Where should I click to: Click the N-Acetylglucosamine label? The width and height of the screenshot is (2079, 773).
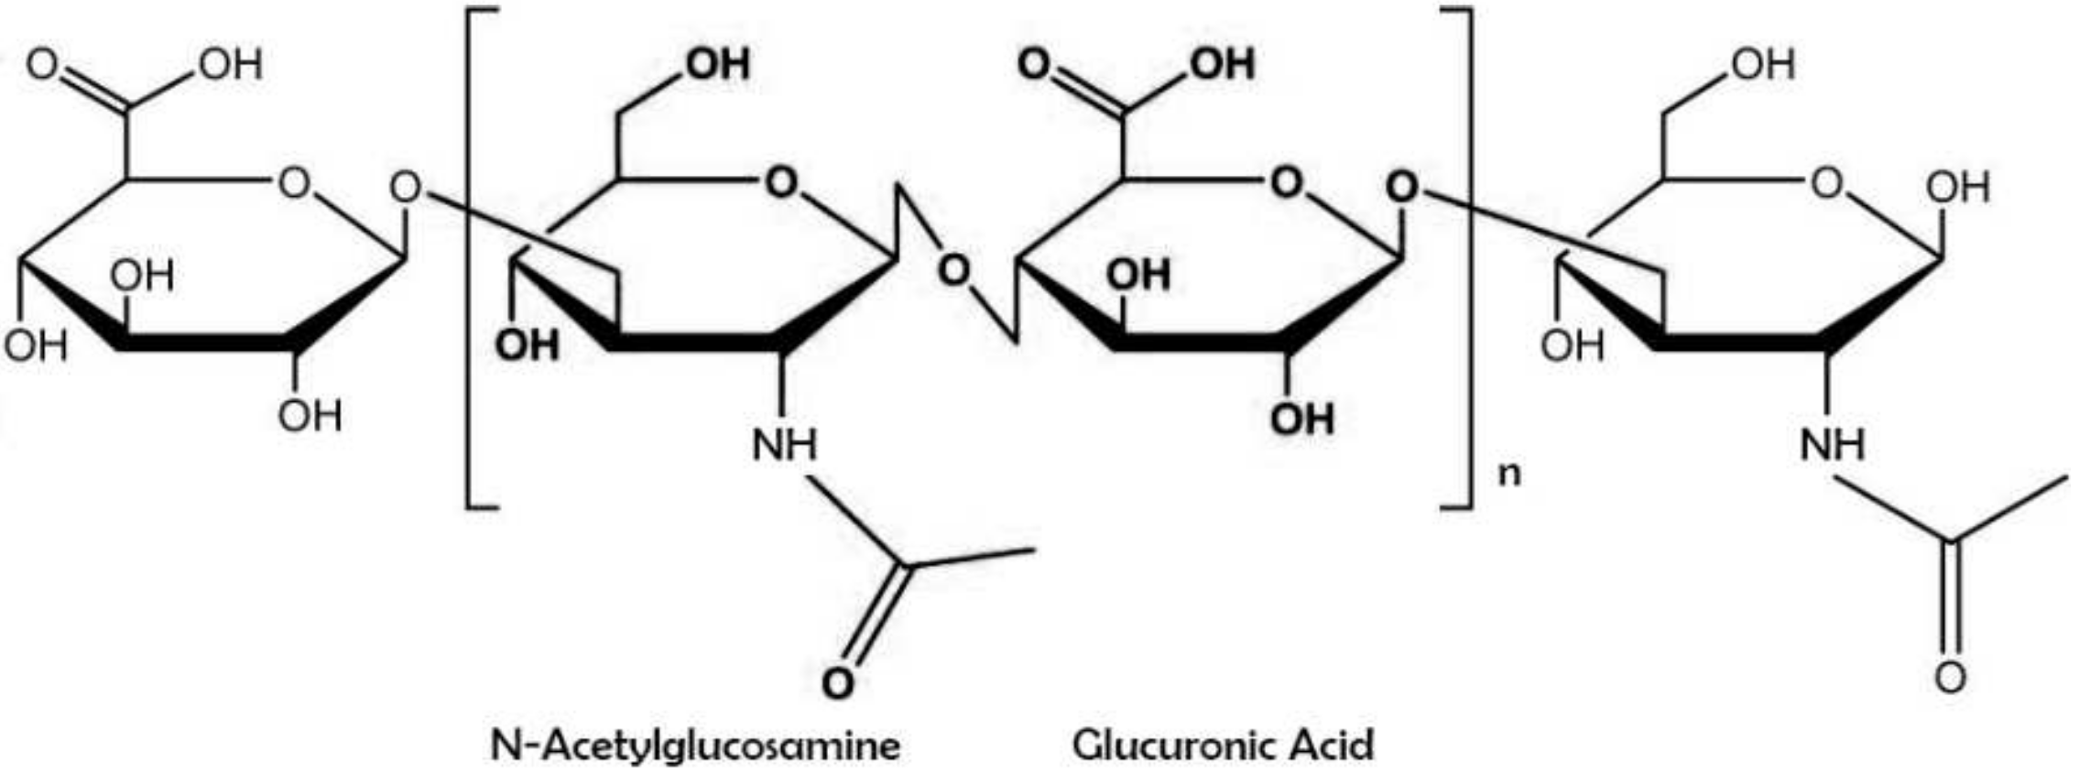click(x=695, y=745)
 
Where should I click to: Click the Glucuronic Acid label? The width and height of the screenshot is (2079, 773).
click(x=1223, y=745)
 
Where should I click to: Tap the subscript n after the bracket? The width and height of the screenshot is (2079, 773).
click(x=1508, y=474)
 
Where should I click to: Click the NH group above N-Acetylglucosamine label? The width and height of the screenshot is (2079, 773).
click(x=784, y=444)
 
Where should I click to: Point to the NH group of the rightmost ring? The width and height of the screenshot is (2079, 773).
click(x=1832, y=444)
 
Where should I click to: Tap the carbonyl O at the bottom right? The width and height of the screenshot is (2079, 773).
click(x=1950, y=678)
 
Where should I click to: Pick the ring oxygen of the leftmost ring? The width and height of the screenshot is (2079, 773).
click(x=294, y=184)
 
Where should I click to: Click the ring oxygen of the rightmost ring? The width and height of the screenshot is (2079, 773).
click(x=1826, y=184)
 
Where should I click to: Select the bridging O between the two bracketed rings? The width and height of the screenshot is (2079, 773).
click(x=954, y=270)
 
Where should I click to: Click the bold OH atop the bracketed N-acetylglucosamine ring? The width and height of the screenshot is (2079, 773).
click(x=718, y=64)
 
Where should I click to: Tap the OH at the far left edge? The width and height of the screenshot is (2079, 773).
click(x=35, y=345)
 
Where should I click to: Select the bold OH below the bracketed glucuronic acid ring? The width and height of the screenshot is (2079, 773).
click(x=1301, y=419)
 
